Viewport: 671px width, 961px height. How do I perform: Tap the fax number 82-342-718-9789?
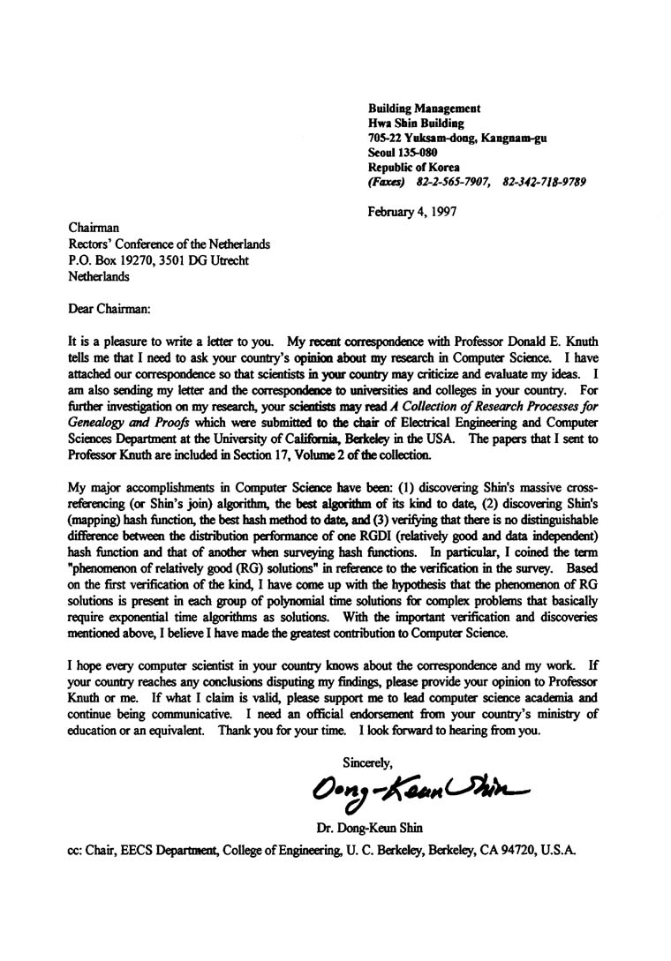544,183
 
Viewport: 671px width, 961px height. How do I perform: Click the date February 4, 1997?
412,212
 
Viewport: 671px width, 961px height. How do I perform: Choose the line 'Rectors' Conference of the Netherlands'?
170,244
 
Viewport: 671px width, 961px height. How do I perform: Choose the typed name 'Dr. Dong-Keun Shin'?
369,830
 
